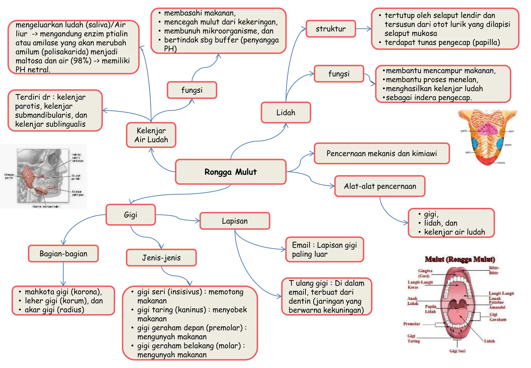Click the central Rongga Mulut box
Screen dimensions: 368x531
(230, 172)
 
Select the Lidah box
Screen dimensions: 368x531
(286, 112)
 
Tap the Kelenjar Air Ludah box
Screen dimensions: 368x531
(151, 135)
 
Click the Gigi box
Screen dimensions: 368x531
(130, 215)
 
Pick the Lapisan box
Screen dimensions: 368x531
(235, 221)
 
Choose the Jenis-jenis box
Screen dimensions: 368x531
(161, 258)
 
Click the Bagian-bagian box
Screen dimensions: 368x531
(63, 254)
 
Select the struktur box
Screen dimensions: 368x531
(331, 29)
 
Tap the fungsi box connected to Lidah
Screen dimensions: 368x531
(339, 74)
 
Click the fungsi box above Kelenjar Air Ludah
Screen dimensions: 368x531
(192, 90)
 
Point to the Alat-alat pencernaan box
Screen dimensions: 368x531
(380, 186)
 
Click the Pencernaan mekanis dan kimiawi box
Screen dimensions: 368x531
(381, 153)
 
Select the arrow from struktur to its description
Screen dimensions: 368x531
(364, 29)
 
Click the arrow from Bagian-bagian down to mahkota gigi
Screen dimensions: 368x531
(63, 274)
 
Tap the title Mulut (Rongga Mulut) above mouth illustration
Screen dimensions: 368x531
(460, 259)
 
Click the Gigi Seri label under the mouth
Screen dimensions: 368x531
(457, 351)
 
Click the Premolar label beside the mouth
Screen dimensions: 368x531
(411, 324)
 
